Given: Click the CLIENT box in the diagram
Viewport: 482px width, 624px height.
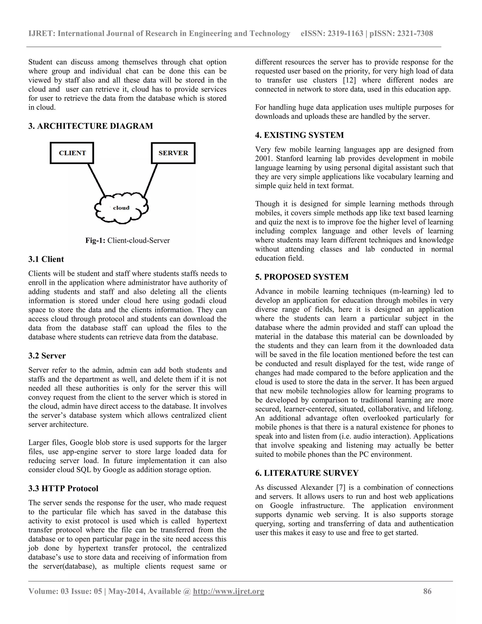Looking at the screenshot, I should coord(72,153).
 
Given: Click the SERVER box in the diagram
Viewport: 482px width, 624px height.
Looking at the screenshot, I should coord(173,153).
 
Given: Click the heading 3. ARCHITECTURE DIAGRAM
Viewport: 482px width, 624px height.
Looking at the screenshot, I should coord(91,126).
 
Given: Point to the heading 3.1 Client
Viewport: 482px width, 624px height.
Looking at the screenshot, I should coord(46,259).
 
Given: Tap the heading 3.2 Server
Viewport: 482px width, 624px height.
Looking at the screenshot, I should coord(47,356).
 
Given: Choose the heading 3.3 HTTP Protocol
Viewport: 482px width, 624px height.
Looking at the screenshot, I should coord(63,489).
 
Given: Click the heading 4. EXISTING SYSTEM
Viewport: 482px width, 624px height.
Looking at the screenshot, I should coord(299,135).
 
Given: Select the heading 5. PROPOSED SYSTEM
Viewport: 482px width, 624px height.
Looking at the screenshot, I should coord(301,277).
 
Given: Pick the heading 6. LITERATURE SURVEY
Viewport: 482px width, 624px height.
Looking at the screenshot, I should coord(307,473).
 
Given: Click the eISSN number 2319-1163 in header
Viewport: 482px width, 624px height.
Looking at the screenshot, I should coord(345,34).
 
